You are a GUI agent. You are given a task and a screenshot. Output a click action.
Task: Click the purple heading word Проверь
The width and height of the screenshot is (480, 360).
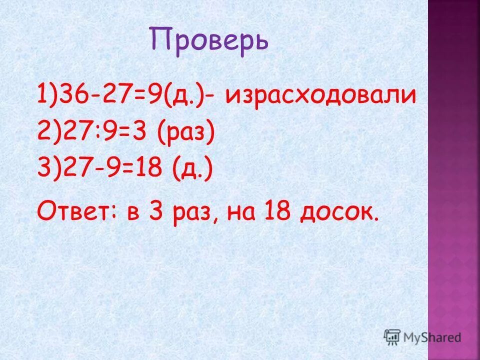coord(209,42)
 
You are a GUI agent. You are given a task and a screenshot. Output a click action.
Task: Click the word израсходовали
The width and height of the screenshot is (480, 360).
coord(320,95)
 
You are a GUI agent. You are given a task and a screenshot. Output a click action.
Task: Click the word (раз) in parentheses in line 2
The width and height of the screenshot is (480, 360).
coord(185,133)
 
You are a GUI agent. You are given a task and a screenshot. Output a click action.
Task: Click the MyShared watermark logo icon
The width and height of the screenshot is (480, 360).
coord(392,336)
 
